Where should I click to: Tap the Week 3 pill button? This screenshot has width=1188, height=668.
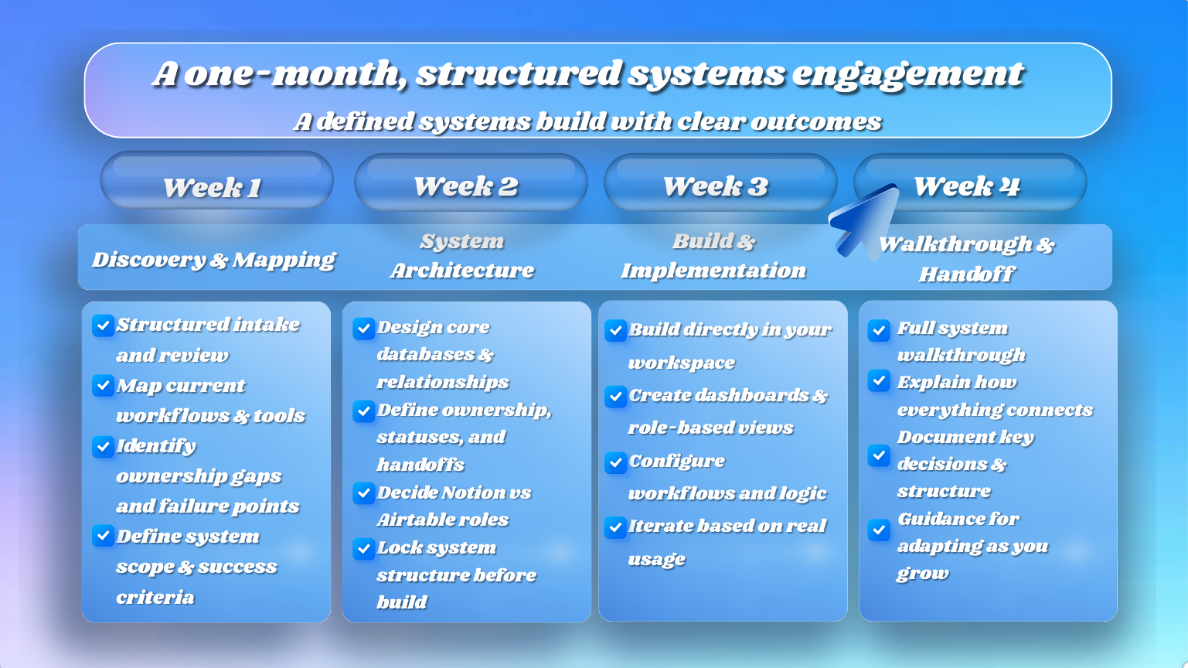720,183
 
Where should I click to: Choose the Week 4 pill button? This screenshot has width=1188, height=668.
969,183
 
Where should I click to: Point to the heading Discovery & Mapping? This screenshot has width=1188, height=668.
213,259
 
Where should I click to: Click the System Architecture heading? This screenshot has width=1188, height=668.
462,256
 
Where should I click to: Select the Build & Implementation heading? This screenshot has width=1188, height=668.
713,256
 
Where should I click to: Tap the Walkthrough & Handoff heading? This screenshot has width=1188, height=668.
966,259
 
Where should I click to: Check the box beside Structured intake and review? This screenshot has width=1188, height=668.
103,325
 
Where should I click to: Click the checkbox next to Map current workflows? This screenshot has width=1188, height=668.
103,385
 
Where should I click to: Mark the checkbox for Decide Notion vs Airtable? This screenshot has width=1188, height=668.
363,492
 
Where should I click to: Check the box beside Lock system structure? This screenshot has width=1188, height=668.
363,548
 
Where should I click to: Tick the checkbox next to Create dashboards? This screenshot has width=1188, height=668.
615,397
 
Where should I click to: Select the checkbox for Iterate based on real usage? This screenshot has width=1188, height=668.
615,527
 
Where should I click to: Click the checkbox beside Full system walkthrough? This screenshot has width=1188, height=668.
879,330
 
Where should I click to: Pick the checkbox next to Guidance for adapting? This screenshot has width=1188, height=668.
879,530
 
